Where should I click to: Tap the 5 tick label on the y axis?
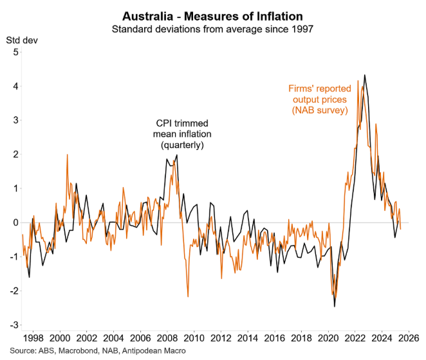pos(14,52)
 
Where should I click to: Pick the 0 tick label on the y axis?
pos(14,222)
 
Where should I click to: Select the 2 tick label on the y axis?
pos(14,154)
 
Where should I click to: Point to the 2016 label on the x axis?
pos(275,337)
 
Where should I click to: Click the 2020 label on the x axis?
pos(328,337)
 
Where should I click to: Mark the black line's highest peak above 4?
pos(365,75)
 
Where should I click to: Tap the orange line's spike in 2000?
pos(67,154)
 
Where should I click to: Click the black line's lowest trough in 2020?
pos(335,307)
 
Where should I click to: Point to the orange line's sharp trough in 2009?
pos(187,297)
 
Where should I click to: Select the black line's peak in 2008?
pos(176,155)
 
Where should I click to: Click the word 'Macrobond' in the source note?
pos(79,351)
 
